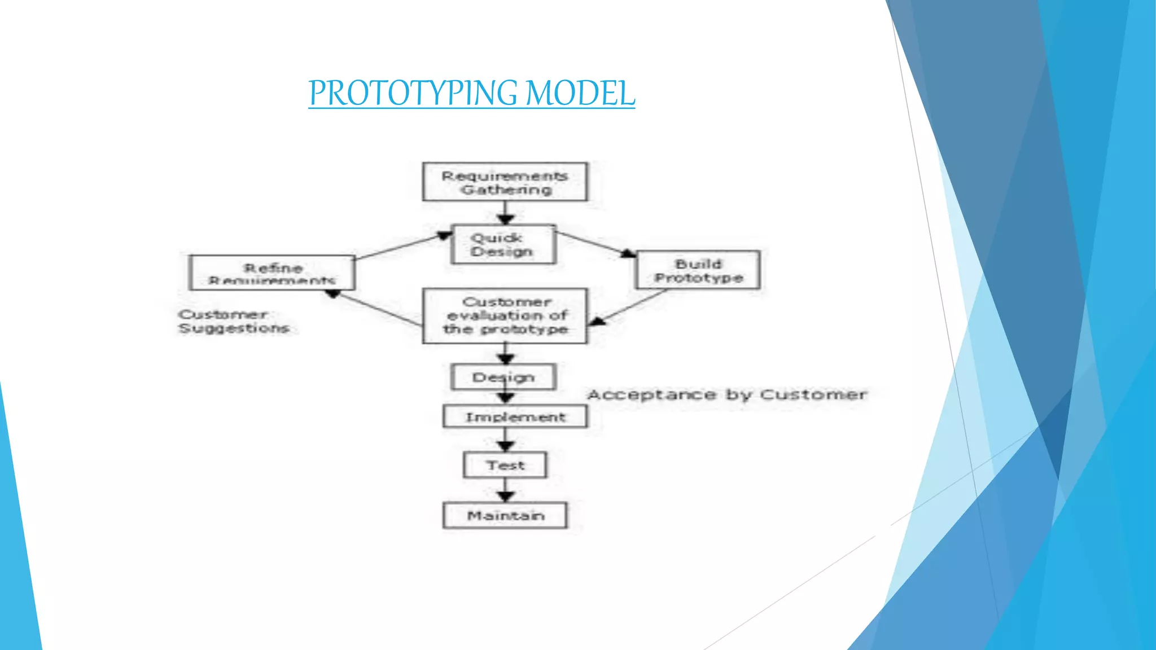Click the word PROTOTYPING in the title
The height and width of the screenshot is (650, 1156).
point(413,93)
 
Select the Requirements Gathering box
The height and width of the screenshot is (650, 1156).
point(505,182)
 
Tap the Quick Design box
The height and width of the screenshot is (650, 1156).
point(503,245)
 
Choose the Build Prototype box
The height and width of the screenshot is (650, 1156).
point(698,271)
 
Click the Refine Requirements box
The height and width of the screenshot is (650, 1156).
point(272,273)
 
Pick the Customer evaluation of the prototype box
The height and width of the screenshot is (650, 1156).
point(505,316)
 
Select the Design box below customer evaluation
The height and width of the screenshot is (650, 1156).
point(503,377)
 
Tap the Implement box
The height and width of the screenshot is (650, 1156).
point(515,417)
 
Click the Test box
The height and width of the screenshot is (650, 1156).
point(505,465)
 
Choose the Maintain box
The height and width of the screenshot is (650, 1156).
point(505,515)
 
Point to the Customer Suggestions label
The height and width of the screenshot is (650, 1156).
point(233,322)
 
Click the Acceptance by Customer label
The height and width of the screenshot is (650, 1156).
point(727,395)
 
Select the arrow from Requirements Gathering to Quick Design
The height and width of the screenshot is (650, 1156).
point(505,213)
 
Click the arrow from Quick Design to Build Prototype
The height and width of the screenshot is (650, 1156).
point(596,243)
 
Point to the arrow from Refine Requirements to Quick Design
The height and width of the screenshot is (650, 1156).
point(404,246)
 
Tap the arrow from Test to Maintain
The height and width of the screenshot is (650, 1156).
point(505,490)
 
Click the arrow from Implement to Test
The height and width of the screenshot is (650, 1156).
point(505,440)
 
